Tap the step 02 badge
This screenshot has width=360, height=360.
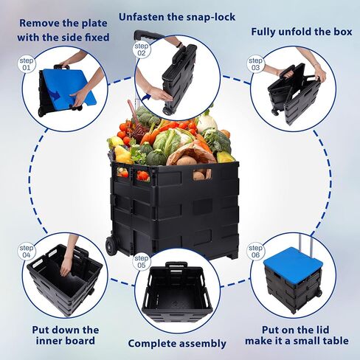point(142,50)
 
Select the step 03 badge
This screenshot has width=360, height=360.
point(255,64)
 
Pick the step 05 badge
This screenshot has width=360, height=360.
point(142,262)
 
